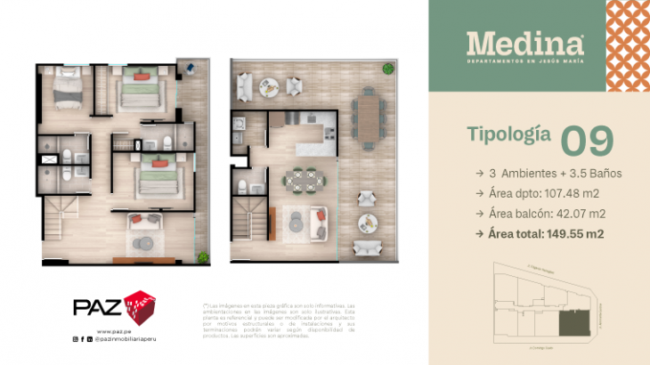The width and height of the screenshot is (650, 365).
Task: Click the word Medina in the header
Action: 525,43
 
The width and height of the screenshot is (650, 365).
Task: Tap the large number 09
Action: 587,141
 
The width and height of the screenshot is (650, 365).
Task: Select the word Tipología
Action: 507,134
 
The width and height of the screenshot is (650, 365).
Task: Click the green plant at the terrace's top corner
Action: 387,69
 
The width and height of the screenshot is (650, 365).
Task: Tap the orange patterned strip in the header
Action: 628,45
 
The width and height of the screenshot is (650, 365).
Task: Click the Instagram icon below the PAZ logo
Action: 75,339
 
